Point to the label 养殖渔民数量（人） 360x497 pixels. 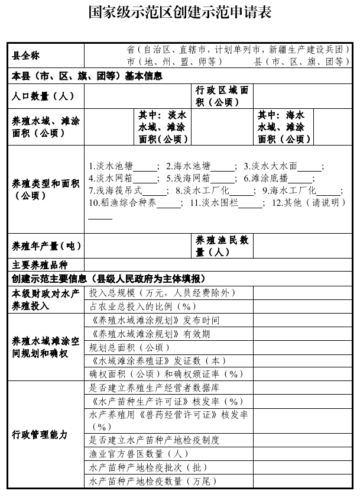pyautogui.click(x=222, y=246)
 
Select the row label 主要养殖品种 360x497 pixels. pyautogui.click(x=41, y=264)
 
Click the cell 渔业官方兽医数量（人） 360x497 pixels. pyautogui.click(x=138, y=454)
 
